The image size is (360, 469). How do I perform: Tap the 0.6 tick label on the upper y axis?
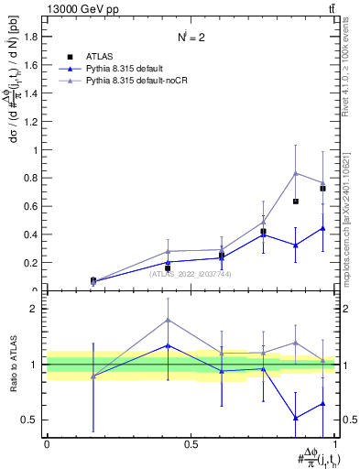(33, 206)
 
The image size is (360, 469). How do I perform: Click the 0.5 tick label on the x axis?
(191, 444)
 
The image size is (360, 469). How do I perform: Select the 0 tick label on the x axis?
(47, 444)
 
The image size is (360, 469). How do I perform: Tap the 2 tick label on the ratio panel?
(38, 309)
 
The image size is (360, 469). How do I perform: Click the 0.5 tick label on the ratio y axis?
(31, 420)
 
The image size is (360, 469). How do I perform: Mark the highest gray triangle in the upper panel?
(295, 173)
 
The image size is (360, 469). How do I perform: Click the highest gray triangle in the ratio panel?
(168, 320)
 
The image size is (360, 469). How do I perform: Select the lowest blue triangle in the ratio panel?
(295, 418)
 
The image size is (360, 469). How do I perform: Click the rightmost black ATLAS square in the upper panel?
(322, 188)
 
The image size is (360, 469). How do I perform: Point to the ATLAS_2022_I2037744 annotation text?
(191, 273)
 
